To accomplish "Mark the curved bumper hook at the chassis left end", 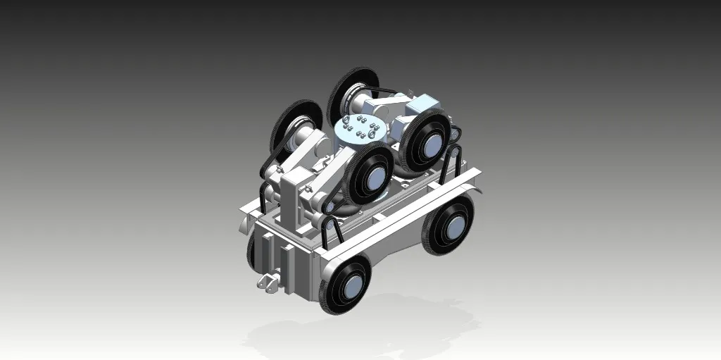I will pos(242,224).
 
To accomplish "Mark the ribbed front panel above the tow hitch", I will pos(282,254).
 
